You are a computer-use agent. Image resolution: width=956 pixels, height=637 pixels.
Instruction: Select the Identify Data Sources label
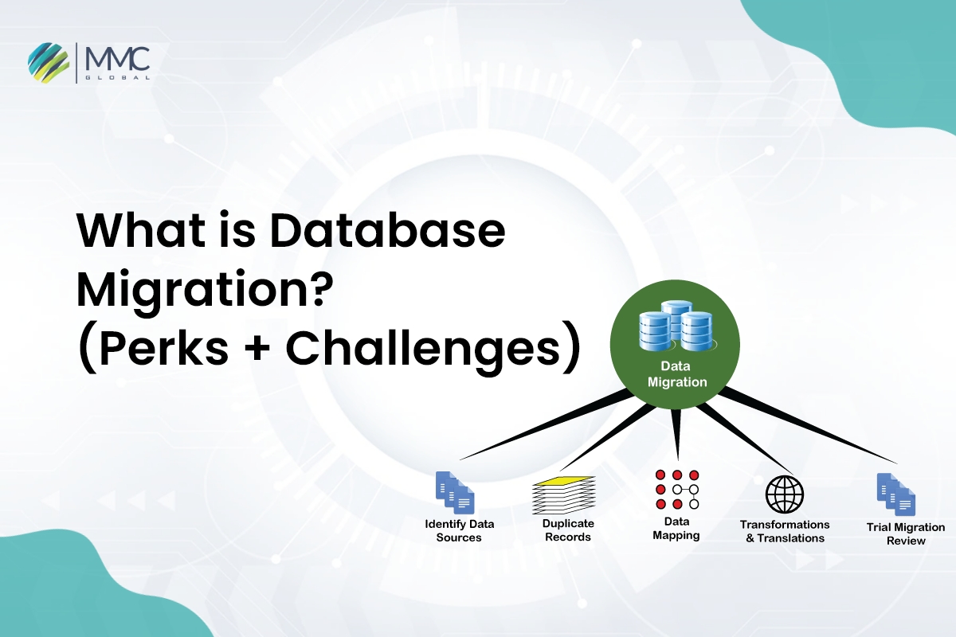[x=459, y=530]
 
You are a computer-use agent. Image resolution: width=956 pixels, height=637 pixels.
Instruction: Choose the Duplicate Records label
[x=568, y=530]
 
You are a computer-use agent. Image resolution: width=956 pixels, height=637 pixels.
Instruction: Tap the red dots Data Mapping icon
[x=676, y=489]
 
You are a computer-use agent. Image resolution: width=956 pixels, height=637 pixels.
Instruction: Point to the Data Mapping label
[x=676, y=528]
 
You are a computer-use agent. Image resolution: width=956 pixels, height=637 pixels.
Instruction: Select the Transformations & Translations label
[x=785, y=531]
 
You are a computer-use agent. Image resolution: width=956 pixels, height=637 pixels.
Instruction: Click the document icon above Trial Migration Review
[x=895, y=494]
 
